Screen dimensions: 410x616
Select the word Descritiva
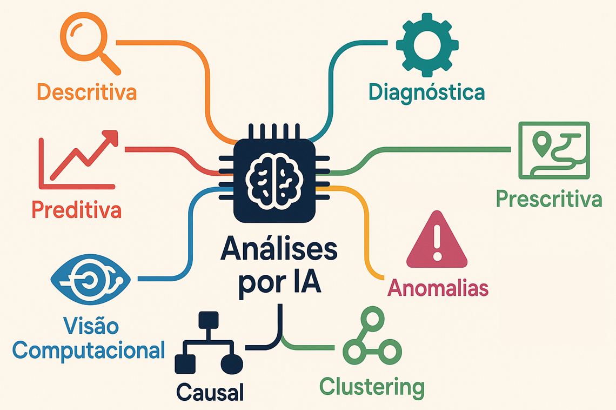[x=86, y=92]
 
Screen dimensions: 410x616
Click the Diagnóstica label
[x=426, y=92]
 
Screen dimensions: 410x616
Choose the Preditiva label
[x=76, y=210]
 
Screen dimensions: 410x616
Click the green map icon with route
[x=553, y=150]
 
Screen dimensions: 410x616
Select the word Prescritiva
[x=548, y=199]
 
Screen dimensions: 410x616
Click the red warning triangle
[x=437, y=241]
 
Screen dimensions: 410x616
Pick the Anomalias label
[x=438, y=288]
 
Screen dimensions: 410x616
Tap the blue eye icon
[x=90, y=280]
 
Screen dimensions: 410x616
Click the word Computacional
[x=89, y=350]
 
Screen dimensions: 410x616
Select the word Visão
[x=91, y=326]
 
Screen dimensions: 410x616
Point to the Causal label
[x=210, y=391]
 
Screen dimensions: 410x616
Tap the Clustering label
[x=372, y=387]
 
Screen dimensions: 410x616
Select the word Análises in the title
[x=278, y=251]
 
